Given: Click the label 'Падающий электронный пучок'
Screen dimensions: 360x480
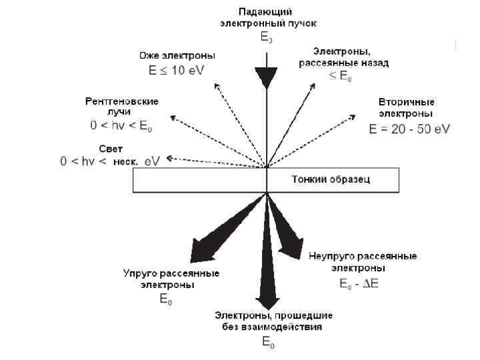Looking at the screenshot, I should pyautogui.click(x=267, y=17).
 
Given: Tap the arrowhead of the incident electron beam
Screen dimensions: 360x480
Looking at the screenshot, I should pyautogui.click(x=267, y=78).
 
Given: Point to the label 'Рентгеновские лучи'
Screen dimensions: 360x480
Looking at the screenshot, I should pyautogui.click(x=122, y=106).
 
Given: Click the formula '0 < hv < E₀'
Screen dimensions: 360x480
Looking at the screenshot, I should pyautogui.click(x=121, y=125).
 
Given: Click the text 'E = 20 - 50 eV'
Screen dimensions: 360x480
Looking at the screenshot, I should pyautogui.click(x=409, y=129).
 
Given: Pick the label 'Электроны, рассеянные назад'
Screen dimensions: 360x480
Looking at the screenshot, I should pyautogui.click(x=343, y=57).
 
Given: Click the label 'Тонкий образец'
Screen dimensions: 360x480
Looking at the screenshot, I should pyautogui.click(x=331, y=179).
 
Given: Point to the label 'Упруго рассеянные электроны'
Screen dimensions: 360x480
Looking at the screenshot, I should pyautogui.click(x=171, y=279).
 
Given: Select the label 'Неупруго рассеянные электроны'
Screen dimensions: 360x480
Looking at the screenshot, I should pyautogui.click(x=363, y=261).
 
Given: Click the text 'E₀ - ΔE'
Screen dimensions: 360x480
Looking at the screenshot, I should pyautogui.click(x=359, y=284).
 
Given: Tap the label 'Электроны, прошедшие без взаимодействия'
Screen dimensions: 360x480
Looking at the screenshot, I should pyautogui.click(x=273, y=321).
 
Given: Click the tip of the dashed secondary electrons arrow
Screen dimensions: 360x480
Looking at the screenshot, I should pyautogui.click(x=353, y=115).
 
